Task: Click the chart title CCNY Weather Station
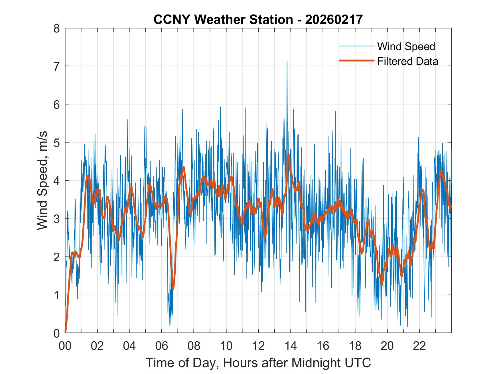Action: (x=258, y=20)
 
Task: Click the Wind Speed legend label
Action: (x=406, y=46)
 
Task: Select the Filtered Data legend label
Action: (x=407, y=61)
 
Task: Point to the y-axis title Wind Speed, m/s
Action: (x=42, y=181)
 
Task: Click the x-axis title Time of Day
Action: (x=258, y=363)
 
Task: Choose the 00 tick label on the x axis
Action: (x=65, y=346)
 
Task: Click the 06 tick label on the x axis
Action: (x=162, y=346)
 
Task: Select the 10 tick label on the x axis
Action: (x=226, y=346)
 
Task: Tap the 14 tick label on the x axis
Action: (x=291, y=346)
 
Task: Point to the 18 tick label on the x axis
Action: (x=355, y=346)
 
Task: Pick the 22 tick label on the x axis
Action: (x=419, y=346)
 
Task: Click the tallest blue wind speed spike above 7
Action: (x=287, y=62)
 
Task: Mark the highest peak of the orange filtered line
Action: (x=289, y=155)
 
